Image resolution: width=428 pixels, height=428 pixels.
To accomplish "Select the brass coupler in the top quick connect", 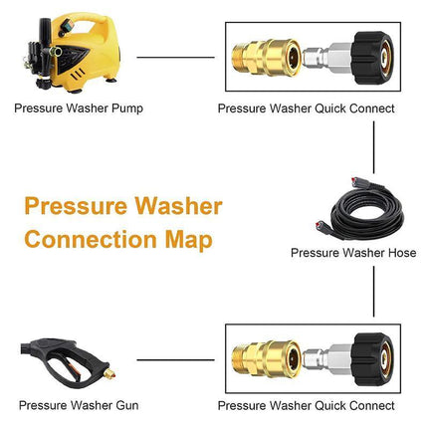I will [x=261, y=57].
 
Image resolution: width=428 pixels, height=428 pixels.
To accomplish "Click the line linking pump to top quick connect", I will [x=175, y=57].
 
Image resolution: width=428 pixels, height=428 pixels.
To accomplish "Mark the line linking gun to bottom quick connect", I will [x=175, y=359].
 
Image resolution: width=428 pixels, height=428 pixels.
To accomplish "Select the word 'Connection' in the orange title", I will [x=89, y=240].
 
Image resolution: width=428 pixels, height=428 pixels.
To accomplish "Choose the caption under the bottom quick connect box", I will [x=307, y=405].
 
